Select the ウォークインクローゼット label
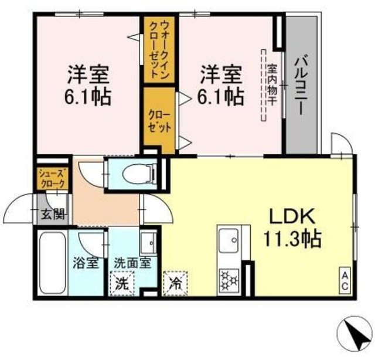click(158, 51)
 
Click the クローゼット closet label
click(159, 120)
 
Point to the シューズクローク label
click(52, 178)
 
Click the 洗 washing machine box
click(122, 284)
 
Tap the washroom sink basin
click(148, 242)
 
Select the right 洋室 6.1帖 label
click(221, 85)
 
